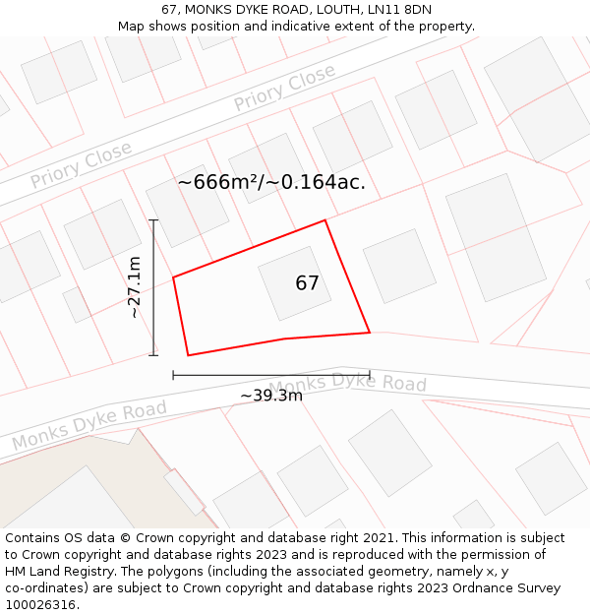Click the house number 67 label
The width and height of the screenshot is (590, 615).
pyautogui.click(x=307, y=283)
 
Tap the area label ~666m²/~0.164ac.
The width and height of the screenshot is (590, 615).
pyautogui.click(x=271, y=182)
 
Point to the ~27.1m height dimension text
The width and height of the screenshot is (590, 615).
pyautogui.click(x=135, y=286)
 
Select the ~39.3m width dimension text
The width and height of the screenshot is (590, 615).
pyautogui.click(x=271, y=396)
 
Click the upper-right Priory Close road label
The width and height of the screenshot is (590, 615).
pyautogui.click(x=284, y=89)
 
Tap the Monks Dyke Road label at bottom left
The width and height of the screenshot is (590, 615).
pyautogui.click(x=89, y=425)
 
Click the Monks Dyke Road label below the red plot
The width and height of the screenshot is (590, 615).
pyautogui.click(x=347, y=384)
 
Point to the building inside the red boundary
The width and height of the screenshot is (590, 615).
pyautogui.click(x=295, y=283)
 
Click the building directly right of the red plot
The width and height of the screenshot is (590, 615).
pyautogui.click(x=399, y=266)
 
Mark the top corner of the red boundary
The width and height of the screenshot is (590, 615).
pyautogui.click(x=325, y=220)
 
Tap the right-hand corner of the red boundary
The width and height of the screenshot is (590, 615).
pyautogui.click(x=370, y=333)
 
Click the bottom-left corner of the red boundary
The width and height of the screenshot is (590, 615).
pyautogui.click(x=188, y=355)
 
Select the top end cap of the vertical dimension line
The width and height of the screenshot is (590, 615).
pyautogui.click(x=153, y=220)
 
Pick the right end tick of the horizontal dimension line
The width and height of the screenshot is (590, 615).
pyautogui.click(x=370, y=375)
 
